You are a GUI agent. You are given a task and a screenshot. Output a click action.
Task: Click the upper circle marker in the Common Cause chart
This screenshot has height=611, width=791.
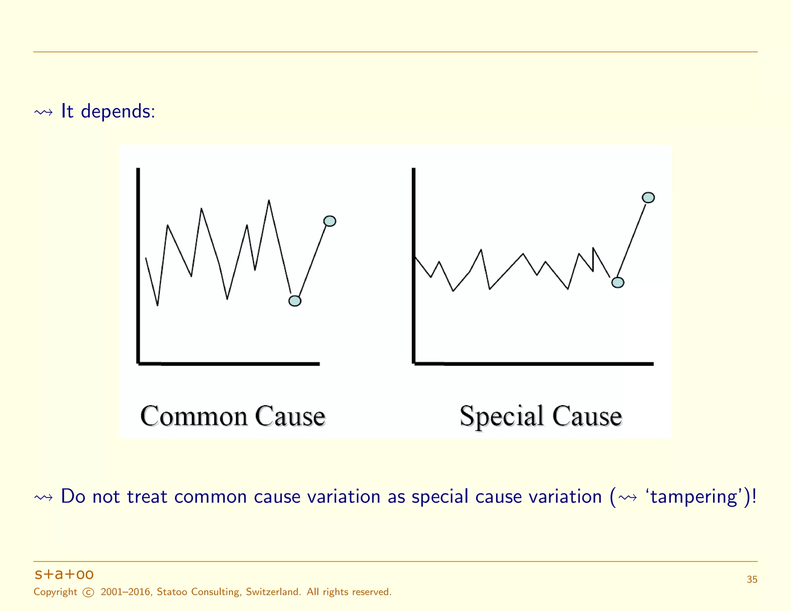[329, 221]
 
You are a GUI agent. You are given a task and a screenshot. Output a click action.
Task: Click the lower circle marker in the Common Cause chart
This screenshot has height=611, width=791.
[295, 301]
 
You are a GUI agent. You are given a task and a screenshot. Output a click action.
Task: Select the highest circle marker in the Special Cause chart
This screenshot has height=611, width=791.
[648, 197]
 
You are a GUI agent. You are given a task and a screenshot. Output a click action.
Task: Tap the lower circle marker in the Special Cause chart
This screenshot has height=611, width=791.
[618, 282]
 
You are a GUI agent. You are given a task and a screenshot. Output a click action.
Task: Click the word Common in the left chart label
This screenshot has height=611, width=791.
[194, 416]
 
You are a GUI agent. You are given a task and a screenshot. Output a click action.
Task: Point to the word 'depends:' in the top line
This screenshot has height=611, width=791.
[118, 112]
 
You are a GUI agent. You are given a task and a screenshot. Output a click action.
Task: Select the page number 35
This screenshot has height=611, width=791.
[752, 579]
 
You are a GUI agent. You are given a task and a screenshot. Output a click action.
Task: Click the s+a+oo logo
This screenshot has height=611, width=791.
[64, 574]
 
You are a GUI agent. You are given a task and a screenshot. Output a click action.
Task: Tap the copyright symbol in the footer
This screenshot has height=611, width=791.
[88, 592]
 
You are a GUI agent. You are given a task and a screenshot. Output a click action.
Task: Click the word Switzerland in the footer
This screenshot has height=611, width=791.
[273, 592]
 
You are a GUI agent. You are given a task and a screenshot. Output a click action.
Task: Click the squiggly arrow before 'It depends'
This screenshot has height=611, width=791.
[43, 112]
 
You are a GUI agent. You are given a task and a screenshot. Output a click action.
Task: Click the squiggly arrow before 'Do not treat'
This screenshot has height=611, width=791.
[43, 497]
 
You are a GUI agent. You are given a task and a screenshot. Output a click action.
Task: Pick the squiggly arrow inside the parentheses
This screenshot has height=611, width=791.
[627, 497]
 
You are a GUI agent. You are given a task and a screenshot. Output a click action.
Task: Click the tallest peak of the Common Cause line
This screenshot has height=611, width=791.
[269, 201]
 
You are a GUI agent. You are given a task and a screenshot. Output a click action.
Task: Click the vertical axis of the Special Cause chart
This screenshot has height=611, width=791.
[414, 266]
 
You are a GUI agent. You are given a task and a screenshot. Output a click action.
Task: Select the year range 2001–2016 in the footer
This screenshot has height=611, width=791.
[126, 592]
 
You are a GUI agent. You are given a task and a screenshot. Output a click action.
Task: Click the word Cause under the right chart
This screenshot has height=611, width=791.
[587, 416]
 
